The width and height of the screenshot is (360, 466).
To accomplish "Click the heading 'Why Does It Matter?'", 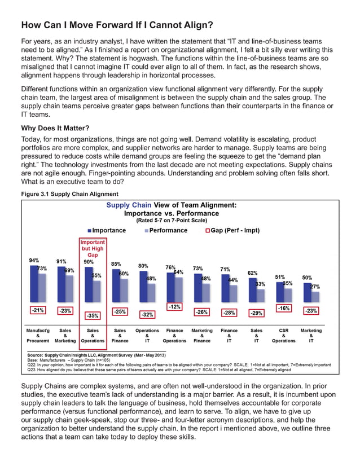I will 54,128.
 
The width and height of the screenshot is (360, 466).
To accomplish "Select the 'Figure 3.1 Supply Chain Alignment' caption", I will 69,194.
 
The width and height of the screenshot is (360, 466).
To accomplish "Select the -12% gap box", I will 175,306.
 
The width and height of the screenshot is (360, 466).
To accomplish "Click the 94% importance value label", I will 34,261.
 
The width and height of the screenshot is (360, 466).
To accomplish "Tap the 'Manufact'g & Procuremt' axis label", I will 38,336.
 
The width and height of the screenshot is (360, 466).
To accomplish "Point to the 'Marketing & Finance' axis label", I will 202,336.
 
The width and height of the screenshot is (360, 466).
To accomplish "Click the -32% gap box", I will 147,314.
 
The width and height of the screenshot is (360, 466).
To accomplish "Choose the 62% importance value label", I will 253,272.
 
